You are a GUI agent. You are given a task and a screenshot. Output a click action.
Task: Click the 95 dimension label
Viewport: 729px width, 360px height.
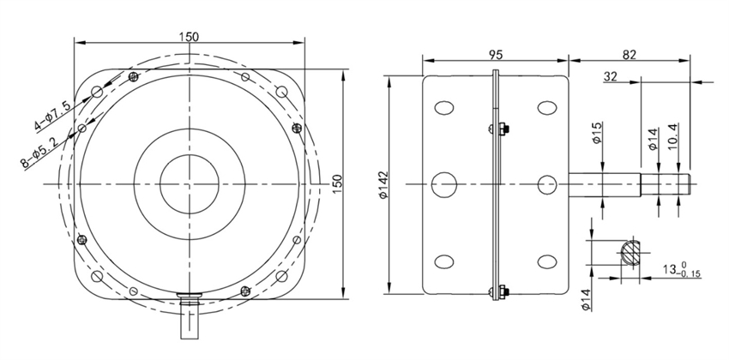click(x=495, y=54)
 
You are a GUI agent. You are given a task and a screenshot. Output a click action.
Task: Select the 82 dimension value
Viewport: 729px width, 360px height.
click(x=629, y=54)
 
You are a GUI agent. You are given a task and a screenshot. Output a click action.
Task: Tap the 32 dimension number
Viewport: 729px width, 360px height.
click(x=611, y=76)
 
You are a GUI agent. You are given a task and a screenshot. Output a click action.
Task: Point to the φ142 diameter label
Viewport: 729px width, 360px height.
click(x=383, y=184)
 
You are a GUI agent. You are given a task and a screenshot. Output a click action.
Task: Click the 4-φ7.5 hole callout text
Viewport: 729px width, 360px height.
click(x=52, y=113)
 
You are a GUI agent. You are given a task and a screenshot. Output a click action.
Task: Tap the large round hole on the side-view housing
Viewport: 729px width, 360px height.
click(x=445, y=184)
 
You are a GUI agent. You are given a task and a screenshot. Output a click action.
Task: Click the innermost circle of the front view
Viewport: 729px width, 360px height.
click(x=188, y=184)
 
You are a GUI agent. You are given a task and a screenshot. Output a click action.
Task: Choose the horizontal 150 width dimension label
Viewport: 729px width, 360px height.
click(x=190, y=36)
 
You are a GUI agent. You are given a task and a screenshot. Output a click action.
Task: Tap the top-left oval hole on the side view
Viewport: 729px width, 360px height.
click(x=445, y=109)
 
